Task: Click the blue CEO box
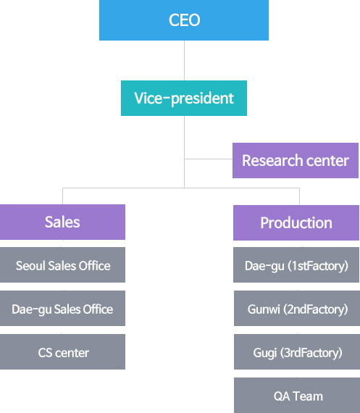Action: [184, 20]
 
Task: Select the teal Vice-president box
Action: [184, 98]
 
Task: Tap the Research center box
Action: [296, 160]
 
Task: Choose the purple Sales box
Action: [62, 222]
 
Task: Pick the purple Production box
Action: [296, 222]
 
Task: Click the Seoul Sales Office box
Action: [62, 264]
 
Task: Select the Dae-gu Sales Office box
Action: [62, 308]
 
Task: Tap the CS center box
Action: [62, 351]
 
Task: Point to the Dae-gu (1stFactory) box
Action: [296, 264]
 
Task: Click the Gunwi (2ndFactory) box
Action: [296, 308]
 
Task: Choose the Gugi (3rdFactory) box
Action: [296, 351]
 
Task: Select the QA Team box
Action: [296, 395]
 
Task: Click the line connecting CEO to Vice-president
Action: [184, 60]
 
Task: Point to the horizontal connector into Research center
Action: [209, 159]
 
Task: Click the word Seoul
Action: [30, 265]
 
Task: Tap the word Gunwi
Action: [264, 309]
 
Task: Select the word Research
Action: [272, 160]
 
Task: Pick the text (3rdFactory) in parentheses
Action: [311, 353]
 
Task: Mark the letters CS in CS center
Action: [45, 353]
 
